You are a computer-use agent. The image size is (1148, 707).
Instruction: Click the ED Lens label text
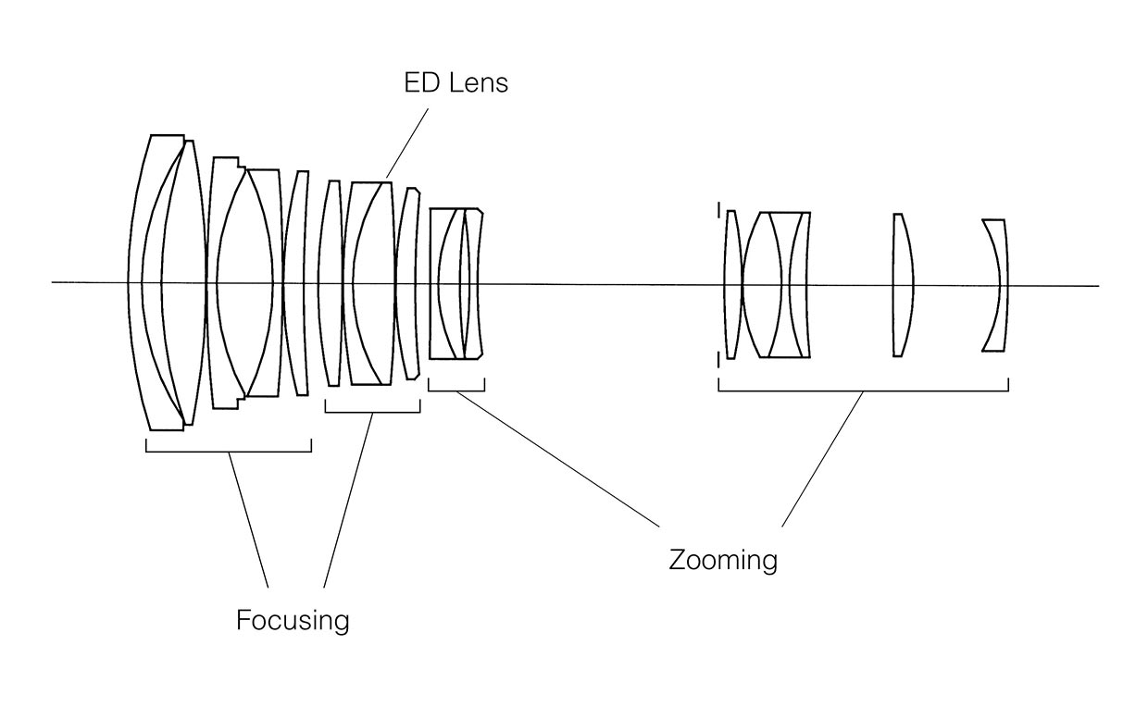[455, 82]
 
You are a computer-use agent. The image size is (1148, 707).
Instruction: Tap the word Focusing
[293, 620]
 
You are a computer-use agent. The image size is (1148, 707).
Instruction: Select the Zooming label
[723, 559]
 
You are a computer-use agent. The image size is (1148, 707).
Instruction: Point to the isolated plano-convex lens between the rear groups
[903, 285]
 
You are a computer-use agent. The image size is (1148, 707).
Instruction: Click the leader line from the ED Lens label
[407, 143]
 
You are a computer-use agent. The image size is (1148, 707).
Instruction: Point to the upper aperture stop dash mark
[719, 210]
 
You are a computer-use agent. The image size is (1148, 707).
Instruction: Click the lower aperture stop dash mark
[719, 360]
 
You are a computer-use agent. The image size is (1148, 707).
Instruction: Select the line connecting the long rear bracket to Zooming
[822, 459]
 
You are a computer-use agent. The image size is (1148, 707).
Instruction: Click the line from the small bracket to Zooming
[558, 459]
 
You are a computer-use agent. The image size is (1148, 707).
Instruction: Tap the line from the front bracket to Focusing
[248, 519]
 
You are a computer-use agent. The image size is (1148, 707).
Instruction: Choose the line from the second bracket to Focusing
[348, 500]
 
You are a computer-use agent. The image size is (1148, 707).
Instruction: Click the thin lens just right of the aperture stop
[731, 284]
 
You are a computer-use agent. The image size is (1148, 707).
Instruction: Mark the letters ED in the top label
[422, 82]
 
